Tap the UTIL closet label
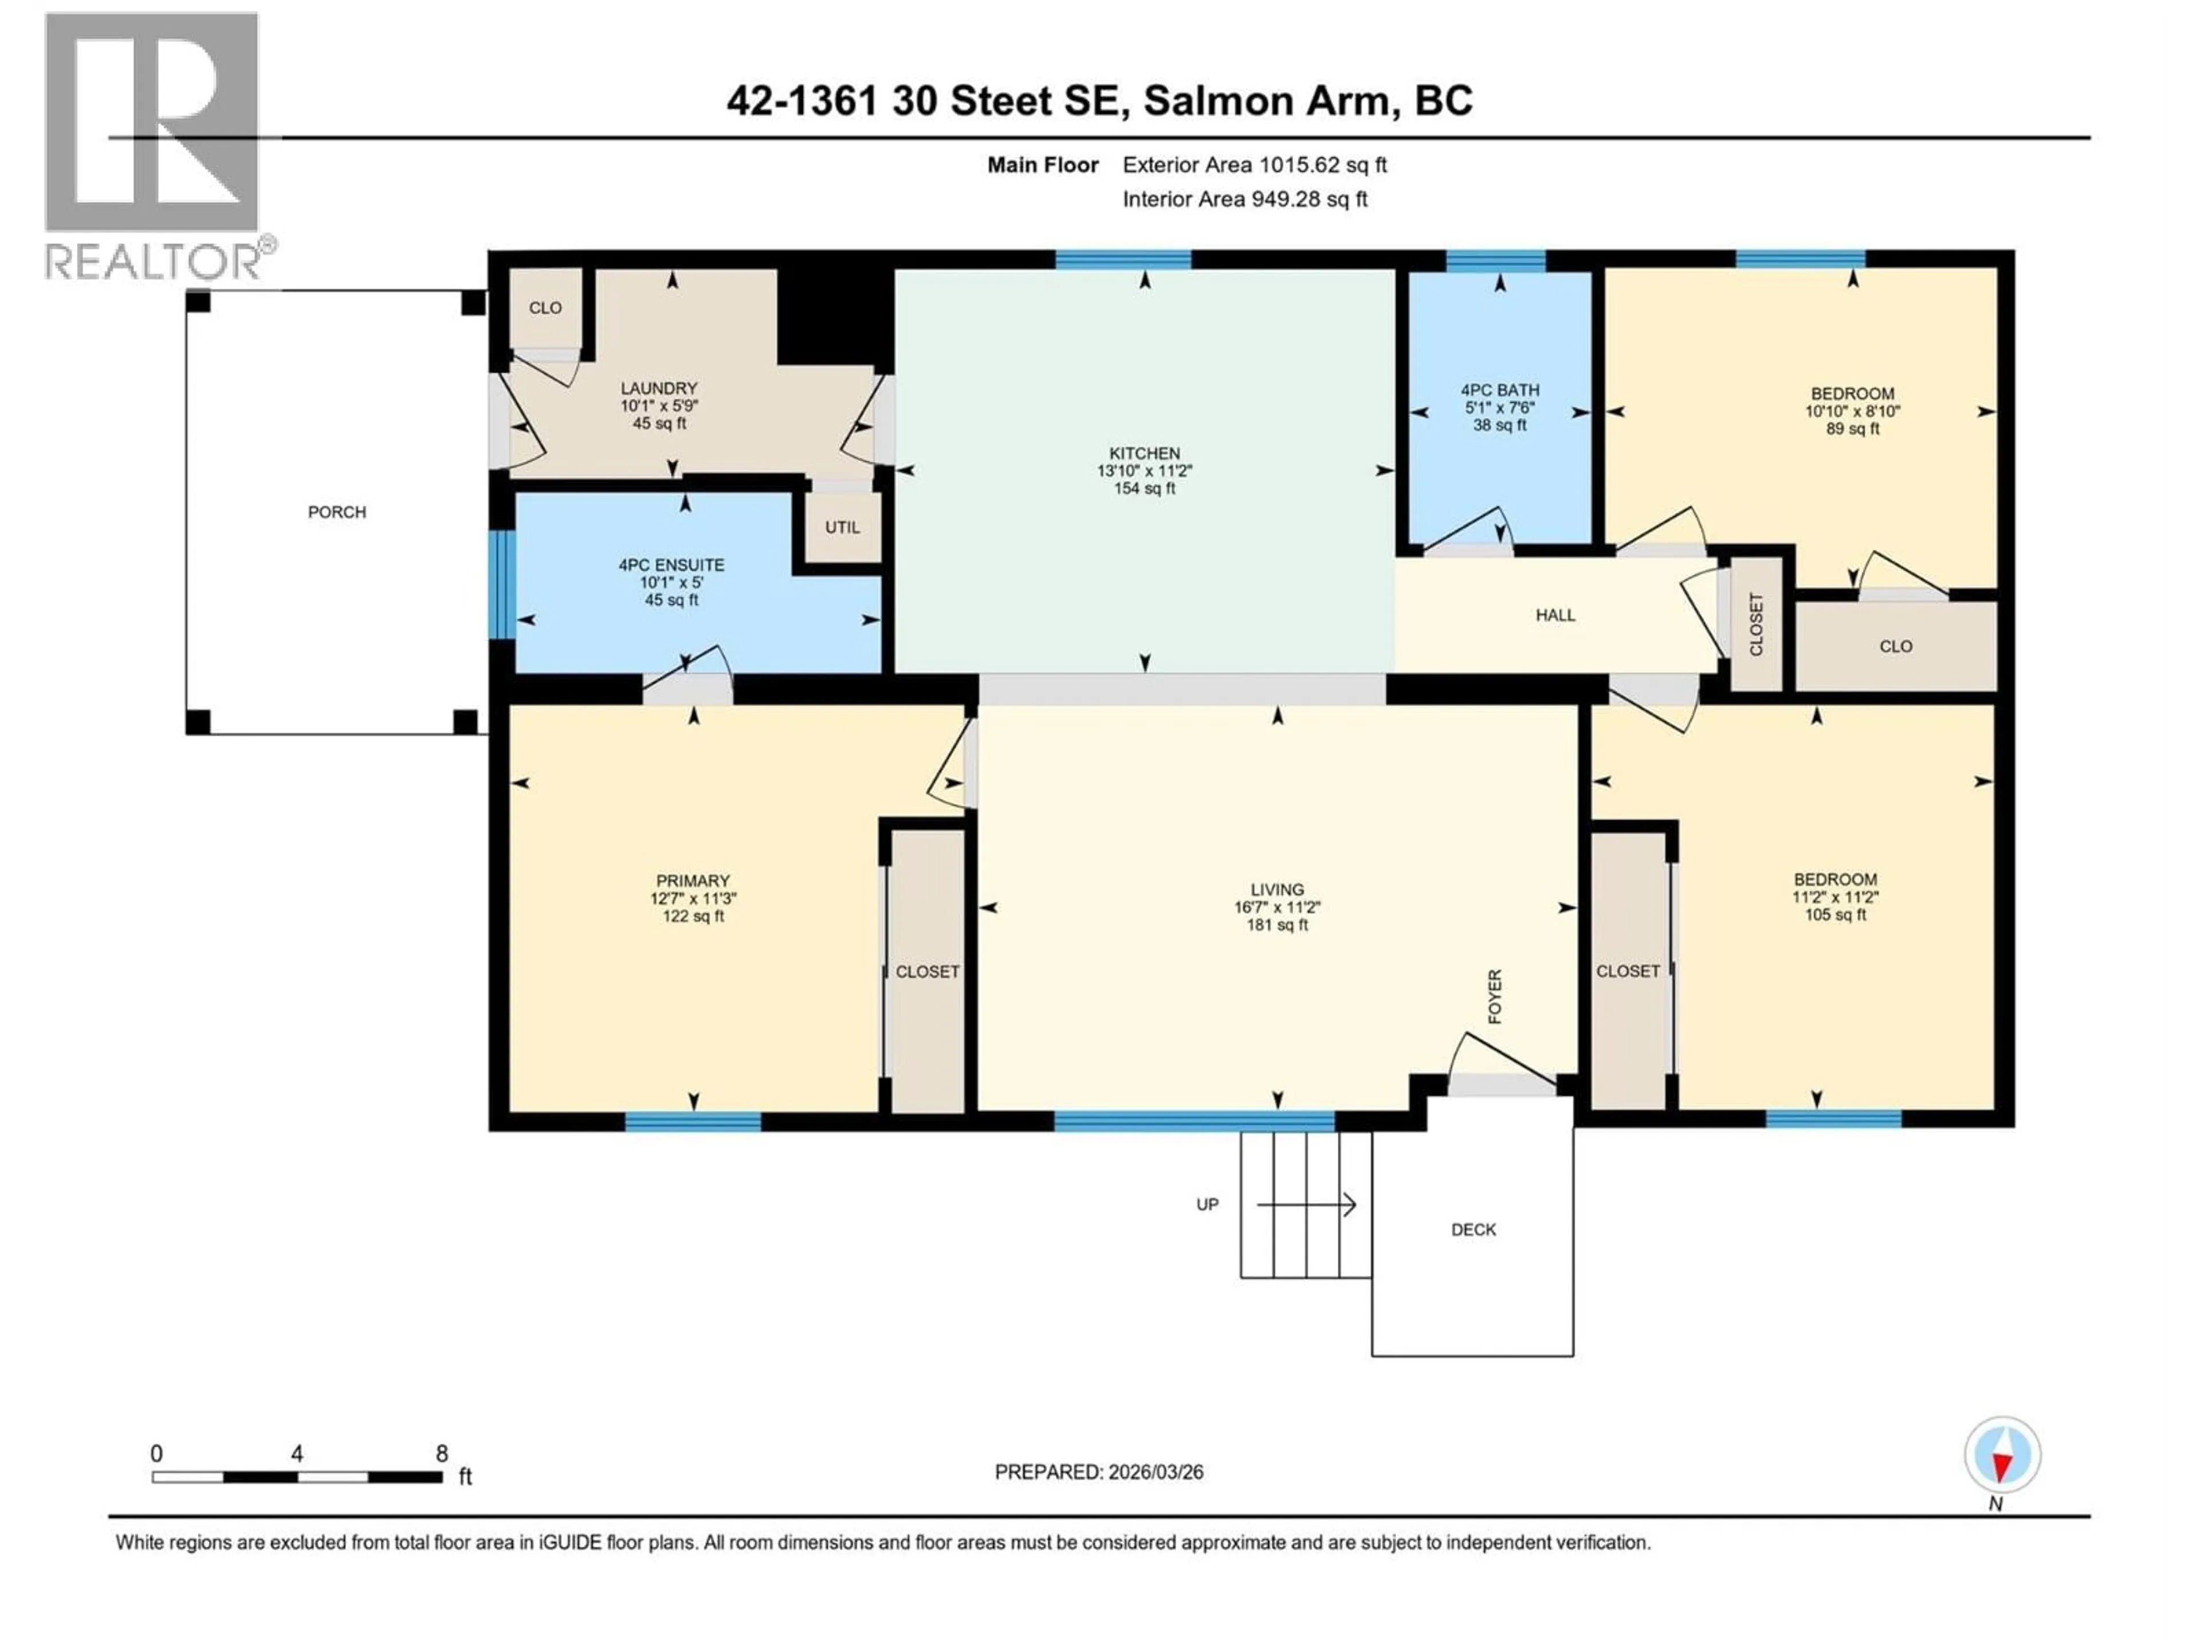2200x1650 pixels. coord(842,527)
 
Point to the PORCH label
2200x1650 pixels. coord(336,512)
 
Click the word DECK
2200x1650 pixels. coord(1473,1230)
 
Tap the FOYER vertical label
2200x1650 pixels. coord(1494,996)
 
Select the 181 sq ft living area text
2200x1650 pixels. coord(1277,925)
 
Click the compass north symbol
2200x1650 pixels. coord(2002,1456)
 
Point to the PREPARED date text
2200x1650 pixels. coord(1098,1472)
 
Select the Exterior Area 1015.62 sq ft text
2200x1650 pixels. coord(1254,165)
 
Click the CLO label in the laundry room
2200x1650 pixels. coord(545,308)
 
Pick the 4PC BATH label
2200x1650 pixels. coord(1500,391)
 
